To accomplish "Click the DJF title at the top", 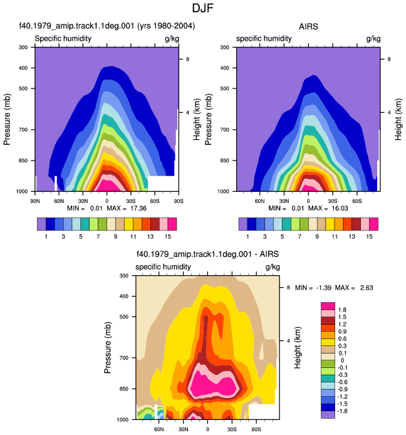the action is [203, 8].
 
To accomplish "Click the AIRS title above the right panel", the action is [308, 26].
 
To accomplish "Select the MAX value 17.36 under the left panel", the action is [138, 208].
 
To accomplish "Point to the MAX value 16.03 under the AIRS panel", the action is [340, 208].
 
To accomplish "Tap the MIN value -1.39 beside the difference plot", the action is [324, 288].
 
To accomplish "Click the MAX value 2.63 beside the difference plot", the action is [367, 288].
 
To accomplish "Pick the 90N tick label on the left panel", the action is [35, 201].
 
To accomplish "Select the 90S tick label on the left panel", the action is [179, 201].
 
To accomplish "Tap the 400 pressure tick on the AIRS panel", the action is [225, 68].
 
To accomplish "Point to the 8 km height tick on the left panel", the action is [188, 59].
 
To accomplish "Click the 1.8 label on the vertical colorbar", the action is [342, 310].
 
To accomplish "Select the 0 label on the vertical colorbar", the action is [342, 360].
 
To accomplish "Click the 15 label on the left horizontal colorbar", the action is [167, 237].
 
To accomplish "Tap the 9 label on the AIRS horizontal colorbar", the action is [317, 237].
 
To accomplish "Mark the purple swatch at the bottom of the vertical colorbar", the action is [328, 414].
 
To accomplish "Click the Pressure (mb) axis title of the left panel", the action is [7, 120].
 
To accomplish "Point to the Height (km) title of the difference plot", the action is [297, 348].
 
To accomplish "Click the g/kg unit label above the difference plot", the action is [273, 267].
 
